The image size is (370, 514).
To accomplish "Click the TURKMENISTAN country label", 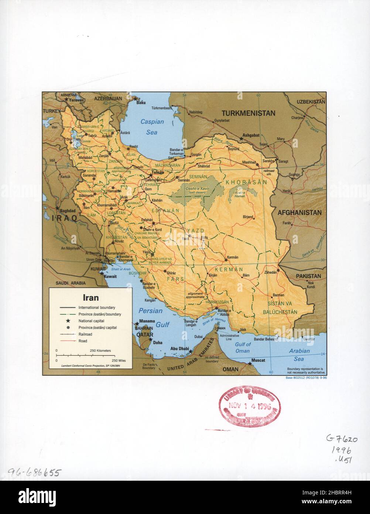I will click(x=248, y=113).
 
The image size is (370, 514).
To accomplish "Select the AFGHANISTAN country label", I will click(x=299, y=213).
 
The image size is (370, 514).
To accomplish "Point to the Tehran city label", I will click(x=157, y=173).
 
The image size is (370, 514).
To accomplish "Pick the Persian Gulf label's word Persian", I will click(x=150, y=311).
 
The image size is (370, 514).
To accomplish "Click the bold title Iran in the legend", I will click(x=90, y=297).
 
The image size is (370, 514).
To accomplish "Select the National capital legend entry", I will click(x=91, y=321).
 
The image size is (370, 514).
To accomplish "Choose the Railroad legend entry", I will click(x=85, y=334).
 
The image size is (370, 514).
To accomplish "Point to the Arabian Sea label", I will click(x=299, y=355).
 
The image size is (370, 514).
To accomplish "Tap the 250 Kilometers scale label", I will click(x=100, y=350).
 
